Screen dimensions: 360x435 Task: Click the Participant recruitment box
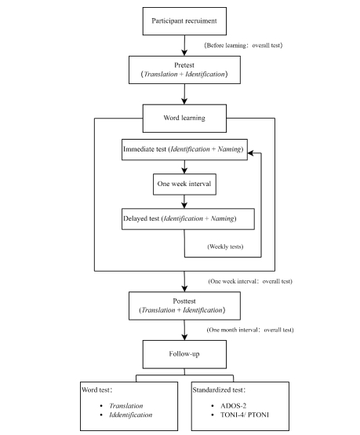pos(184,21)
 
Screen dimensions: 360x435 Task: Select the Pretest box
pos(184,70)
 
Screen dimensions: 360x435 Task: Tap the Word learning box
pos(184,119)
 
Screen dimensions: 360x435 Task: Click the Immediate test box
pos(184,149)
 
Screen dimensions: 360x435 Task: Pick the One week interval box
pos(184,185)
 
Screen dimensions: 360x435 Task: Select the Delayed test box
pos(188,219)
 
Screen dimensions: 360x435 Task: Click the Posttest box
pos(184,305)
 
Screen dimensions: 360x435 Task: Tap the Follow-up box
pos(184,354)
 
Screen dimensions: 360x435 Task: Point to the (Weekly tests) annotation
pos(225,247)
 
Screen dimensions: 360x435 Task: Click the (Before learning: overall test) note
pos(243,46)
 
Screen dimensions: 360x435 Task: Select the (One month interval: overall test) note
pos(250,330)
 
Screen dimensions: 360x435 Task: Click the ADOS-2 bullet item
pos(233,406)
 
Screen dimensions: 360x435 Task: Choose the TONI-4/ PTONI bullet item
pos(245,415)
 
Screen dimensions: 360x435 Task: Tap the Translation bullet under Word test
pos(126,406)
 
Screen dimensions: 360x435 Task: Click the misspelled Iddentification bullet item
pos(130,415)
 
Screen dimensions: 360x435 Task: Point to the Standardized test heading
pos(219,389)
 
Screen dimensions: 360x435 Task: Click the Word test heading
pos(96,389)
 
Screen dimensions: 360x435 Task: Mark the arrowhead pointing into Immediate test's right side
pos(251,153)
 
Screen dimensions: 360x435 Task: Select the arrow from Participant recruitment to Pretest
pos(184,46)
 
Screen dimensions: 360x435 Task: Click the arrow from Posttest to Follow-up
pos(184,330)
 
